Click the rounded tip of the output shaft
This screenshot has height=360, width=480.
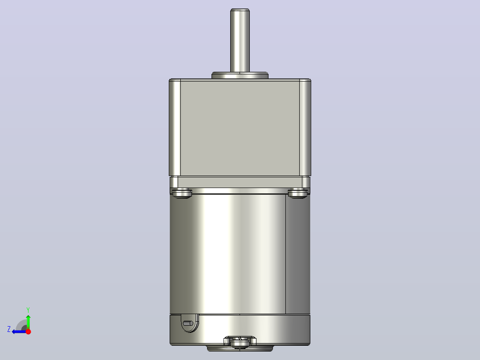coord(240,10)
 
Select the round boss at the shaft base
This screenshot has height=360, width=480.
coord(240,75)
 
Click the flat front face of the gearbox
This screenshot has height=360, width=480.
coord(240,128)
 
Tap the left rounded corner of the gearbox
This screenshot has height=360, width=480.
coord(175,127)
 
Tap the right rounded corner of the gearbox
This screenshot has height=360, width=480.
coord(305,127)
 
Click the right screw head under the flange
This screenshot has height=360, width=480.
coord(298,194)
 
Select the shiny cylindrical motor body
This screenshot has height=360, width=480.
coord(228,254)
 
